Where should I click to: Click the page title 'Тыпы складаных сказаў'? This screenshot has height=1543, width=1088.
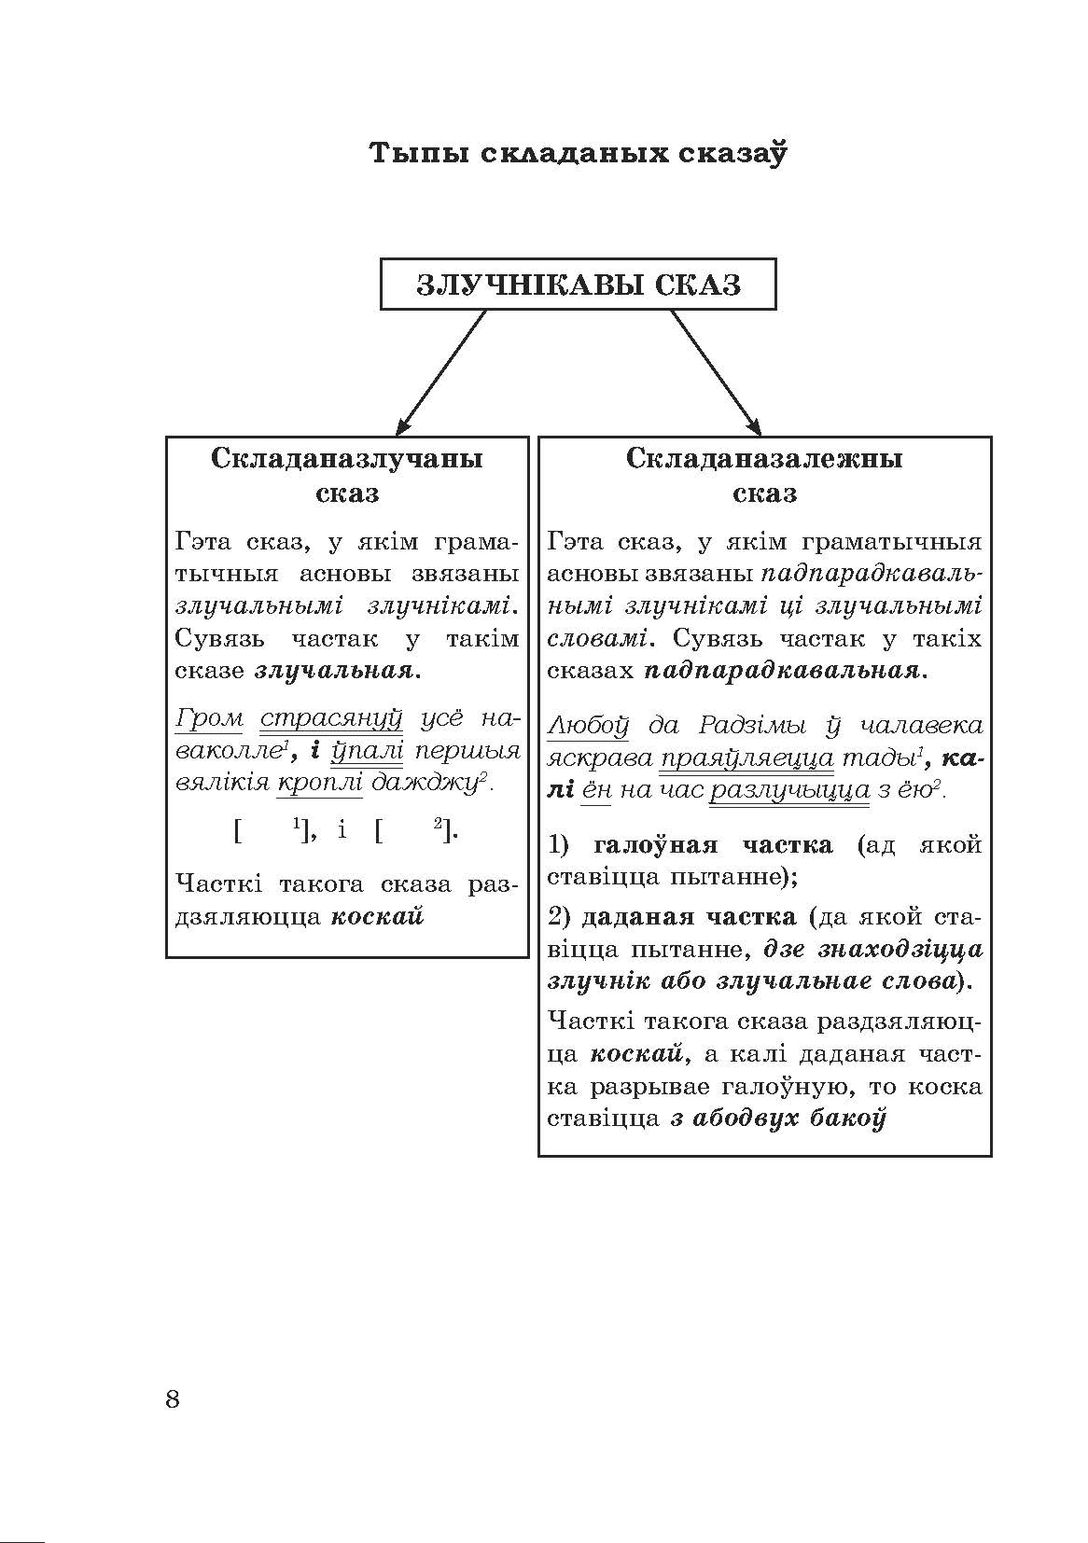[578, 152]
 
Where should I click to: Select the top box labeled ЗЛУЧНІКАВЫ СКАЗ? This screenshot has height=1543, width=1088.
[578, 284]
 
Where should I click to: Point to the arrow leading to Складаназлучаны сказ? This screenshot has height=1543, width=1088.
[443, 371]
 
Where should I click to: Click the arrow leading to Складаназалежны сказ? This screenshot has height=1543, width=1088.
[715, 371]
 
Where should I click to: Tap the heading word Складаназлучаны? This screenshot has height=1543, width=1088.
[347, 459]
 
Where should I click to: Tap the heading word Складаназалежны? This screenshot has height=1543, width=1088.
[764, 459]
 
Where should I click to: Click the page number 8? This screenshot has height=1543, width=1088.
[172, 1398]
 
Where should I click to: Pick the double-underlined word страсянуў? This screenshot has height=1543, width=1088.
[330, 719]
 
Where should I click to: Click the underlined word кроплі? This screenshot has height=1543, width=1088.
[319, 782]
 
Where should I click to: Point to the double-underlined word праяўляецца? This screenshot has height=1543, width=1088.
[746, 758]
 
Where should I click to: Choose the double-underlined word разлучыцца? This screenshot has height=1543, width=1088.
[777, 790]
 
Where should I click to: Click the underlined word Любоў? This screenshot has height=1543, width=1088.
[589, 725]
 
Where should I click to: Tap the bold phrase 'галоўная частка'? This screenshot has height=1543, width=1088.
[713, 845]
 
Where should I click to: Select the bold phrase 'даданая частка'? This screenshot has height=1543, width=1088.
[689, 916]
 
